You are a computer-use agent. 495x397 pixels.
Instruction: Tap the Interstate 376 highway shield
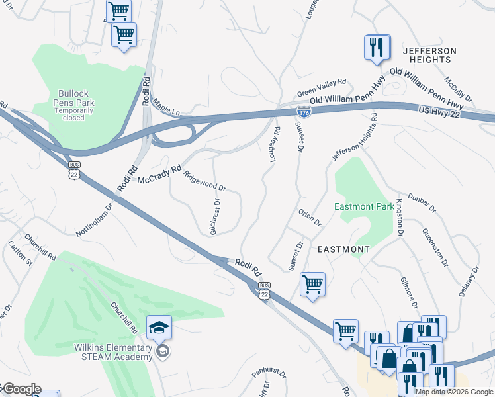pos(303,113)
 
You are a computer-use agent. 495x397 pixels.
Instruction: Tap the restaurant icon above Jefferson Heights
pos(375,47)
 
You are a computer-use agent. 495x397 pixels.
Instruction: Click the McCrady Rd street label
pos(159,175)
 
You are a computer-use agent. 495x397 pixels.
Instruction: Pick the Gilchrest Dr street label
pos(214,216)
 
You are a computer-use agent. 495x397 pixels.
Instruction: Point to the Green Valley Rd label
pos(322,87)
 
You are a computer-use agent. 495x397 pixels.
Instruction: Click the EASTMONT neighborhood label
pos(343,249)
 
